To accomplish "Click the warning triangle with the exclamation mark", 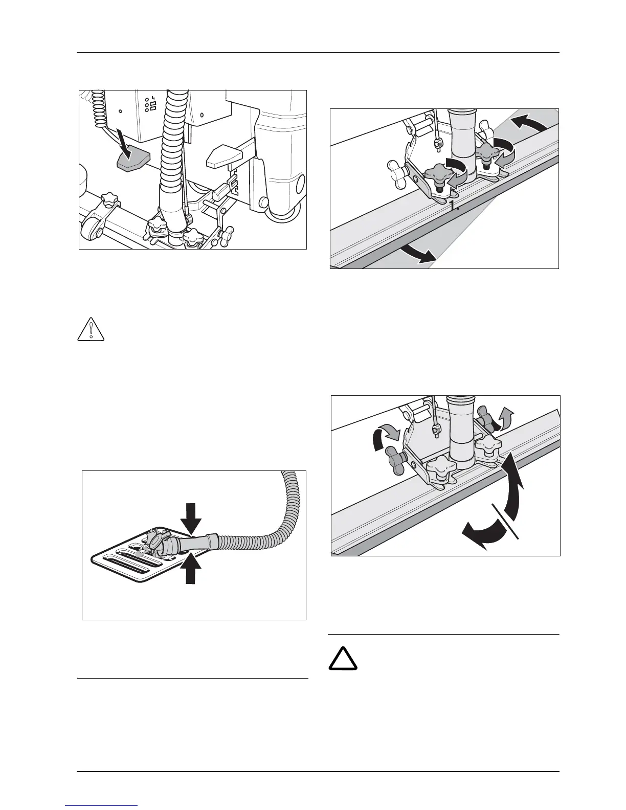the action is (91, 330).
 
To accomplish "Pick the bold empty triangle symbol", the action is (343, 659).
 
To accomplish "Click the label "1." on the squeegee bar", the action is (454, 206).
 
